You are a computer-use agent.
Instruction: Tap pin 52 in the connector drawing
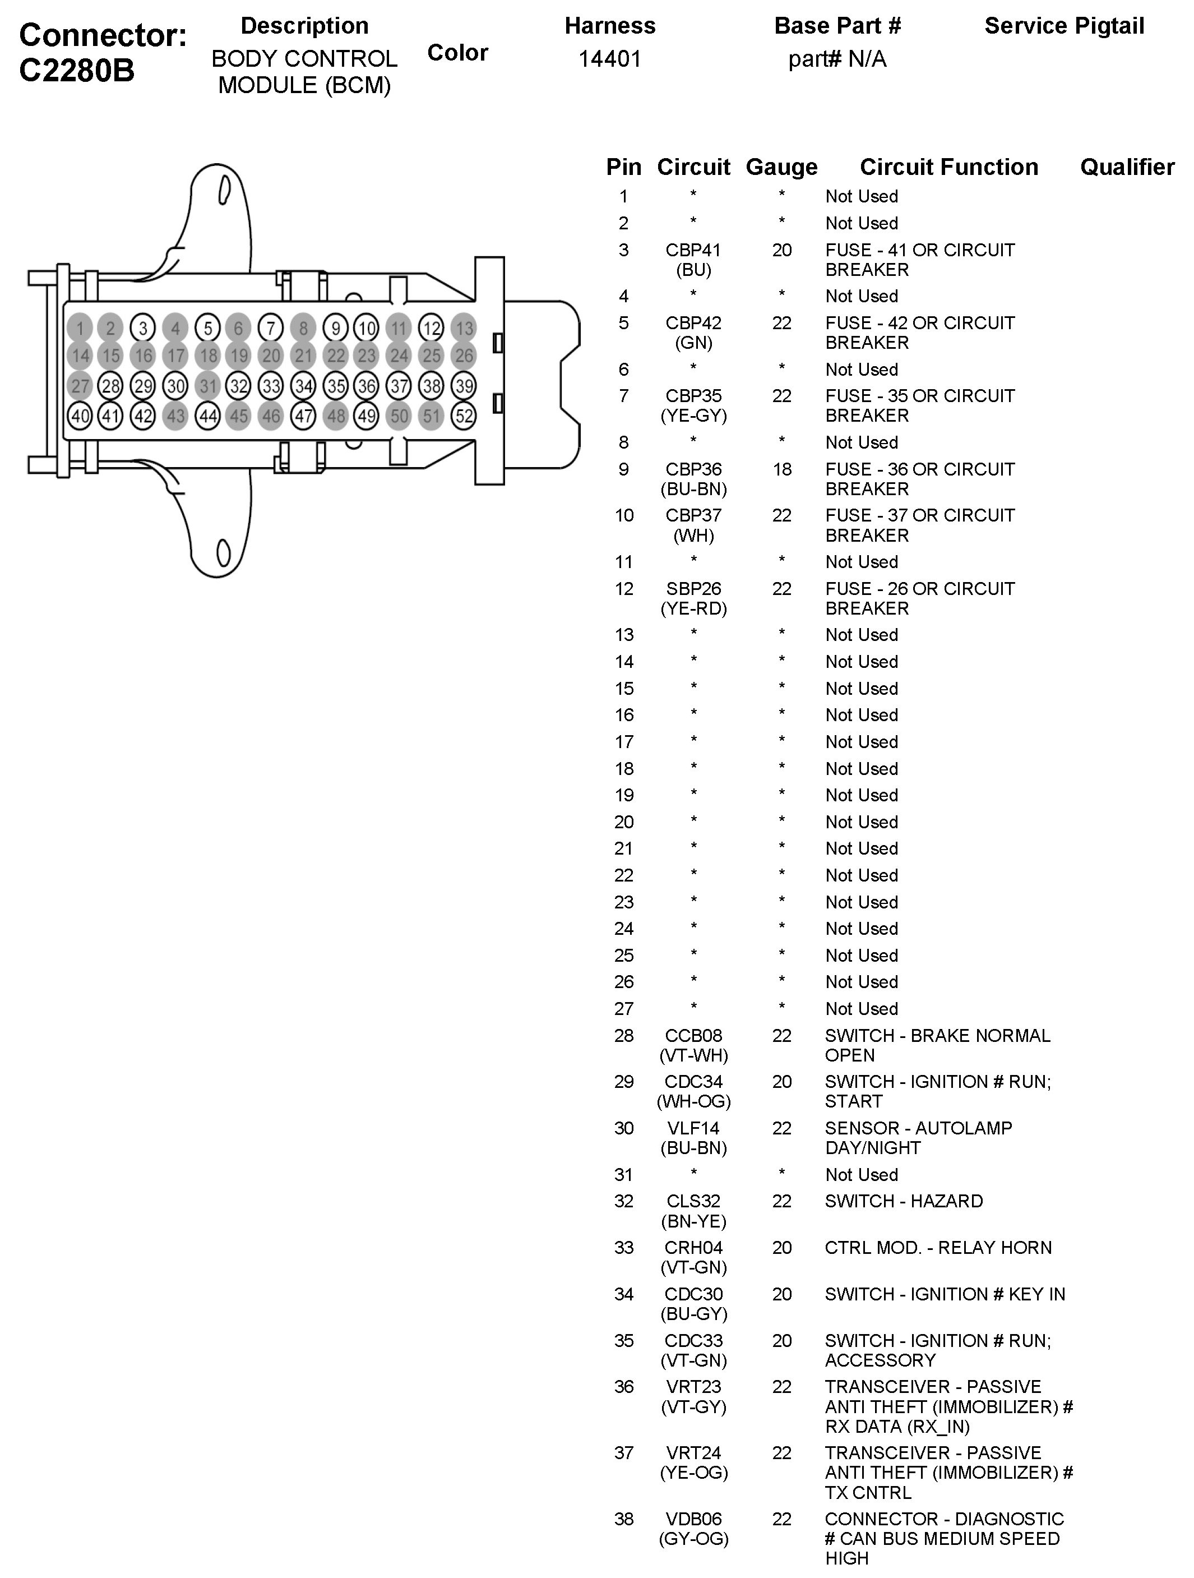464,416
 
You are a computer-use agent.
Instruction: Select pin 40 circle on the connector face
80,416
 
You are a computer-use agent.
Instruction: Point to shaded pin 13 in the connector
464,328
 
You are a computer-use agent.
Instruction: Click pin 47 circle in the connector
304,416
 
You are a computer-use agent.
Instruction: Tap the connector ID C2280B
77,71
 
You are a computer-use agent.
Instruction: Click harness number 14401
610,59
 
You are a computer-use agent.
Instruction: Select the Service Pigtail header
1064,26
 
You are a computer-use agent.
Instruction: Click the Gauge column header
782,168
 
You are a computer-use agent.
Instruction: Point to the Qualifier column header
1127,168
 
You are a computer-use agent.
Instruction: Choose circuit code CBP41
693,251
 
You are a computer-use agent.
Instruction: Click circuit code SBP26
693,589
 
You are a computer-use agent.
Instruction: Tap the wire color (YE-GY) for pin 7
693,416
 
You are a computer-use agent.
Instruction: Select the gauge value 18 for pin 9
782,469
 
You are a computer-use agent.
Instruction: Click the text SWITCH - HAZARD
904,1201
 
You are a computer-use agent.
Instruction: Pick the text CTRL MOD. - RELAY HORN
938,1248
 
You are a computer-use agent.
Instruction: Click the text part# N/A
837,59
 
